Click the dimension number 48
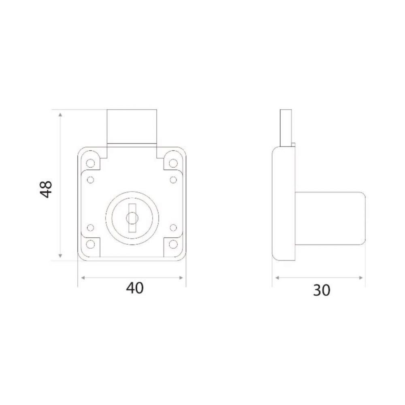[46, 189]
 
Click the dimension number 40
[134, 288]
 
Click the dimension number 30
[322, 290]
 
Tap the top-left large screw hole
[90, 163]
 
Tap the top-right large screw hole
[173, 163]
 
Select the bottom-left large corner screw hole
[90, 244]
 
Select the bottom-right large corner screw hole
[173, 244]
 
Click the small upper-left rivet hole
[90, 180]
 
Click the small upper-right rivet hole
[173, 180]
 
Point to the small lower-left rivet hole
[90, 228]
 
